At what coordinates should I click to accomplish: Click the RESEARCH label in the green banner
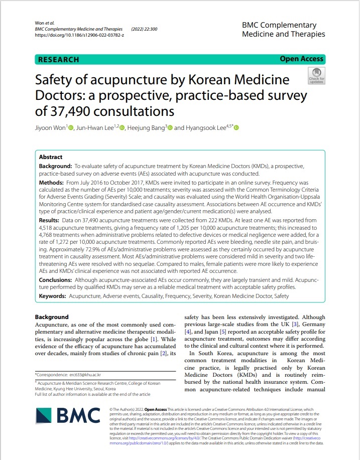pyautogui.click(x=59, y=59)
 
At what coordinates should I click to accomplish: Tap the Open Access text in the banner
pyautogui.click(x=302, y=59)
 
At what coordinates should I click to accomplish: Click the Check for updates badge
pyautogui.click(x=316, y=75)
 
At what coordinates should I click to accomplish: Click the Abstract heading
pyautogui.click(x=51, y=157)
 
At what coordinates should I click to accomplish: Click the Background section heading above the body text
pyautogui.click(x=52, y=317)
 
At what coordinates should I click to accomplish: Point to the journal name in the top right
pyautogui.click(x=283, y=30)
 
